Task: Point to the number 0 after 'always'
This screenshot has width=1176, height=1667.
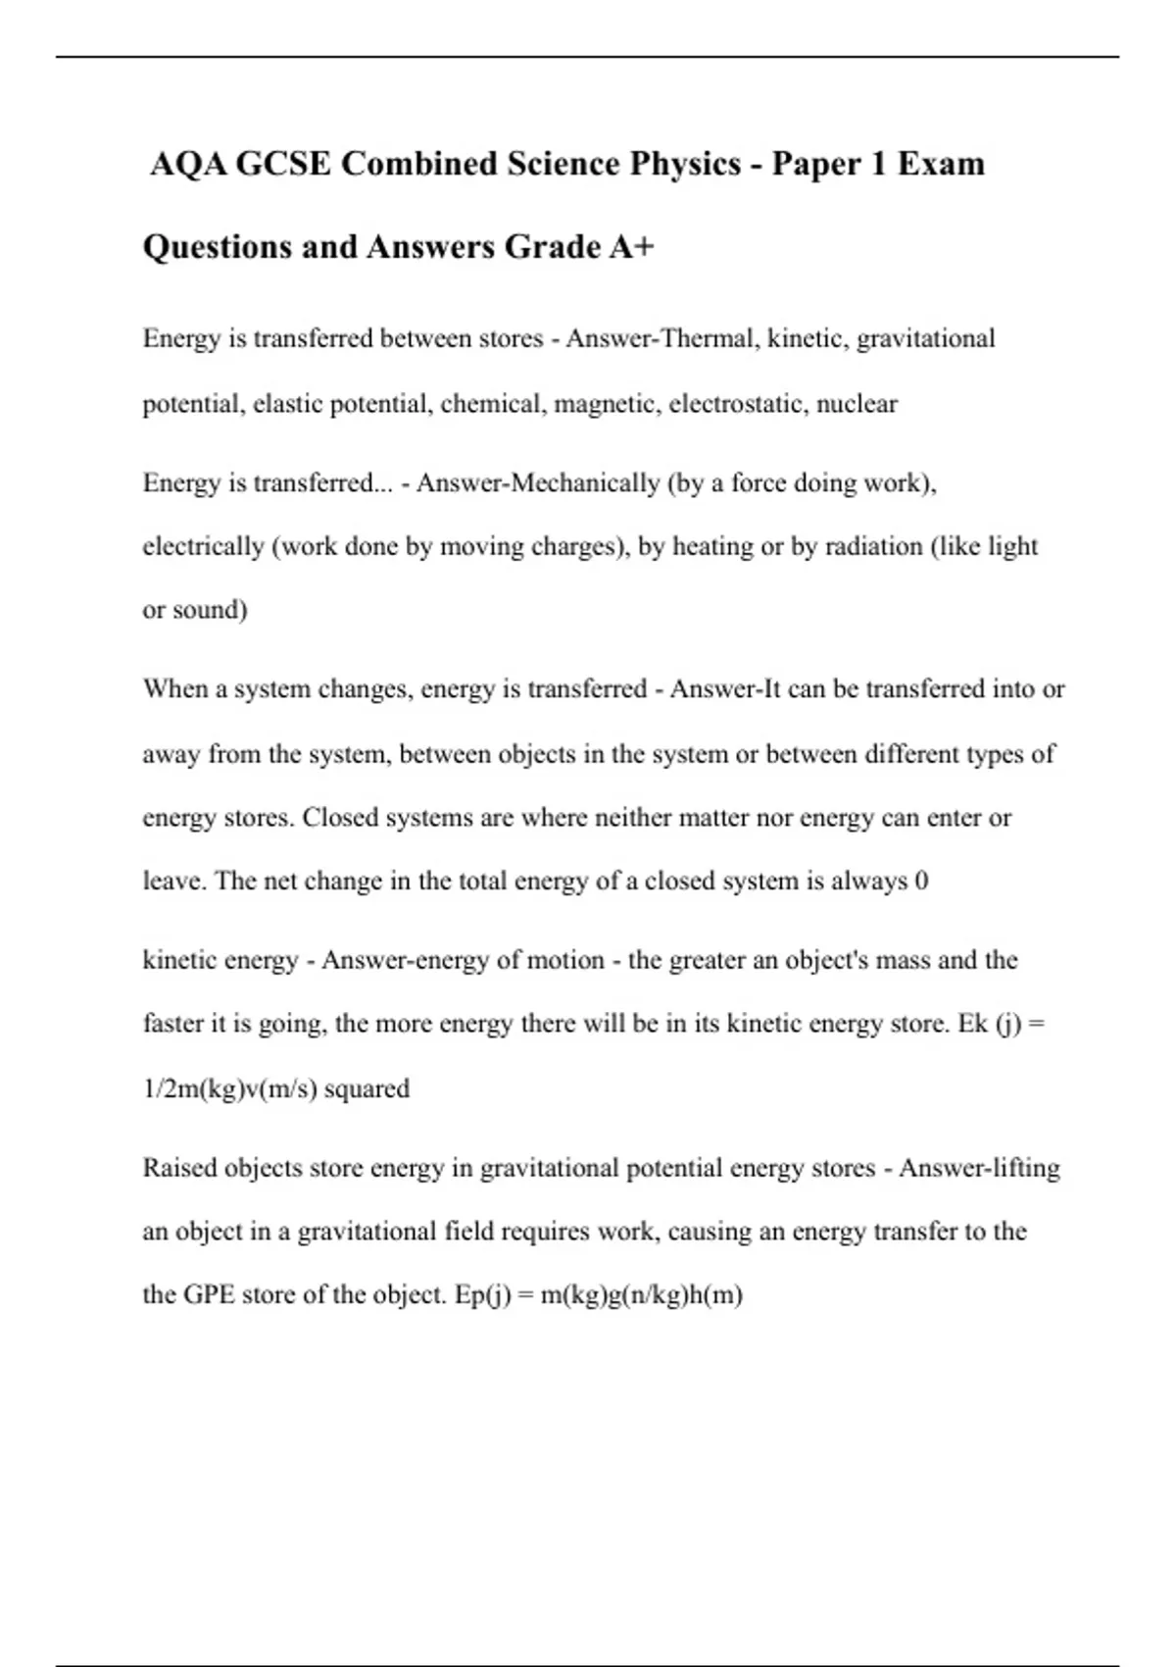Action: coord(920,881)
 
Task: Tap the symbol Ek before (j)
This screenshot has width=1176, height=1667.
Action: coord(972,1023)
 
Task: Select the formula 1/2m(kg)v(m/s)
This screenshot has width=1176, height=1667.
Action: coord(229,1088)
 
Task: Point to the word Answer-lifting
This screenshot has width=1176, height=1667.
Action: coord(979,1168)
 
